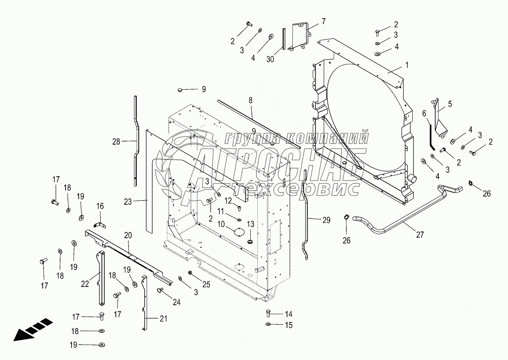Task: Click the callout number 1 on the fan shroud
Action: (407, 65)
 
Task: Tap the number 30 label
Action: (270, 59)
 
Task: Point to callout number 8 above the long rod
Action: (250, 100)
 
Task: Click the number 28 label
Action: (116, 142)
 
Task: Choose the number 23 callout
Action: (128, 202)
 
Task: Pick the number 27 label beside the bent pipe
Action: (420, 235)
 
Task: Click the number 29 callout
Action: (326, 220)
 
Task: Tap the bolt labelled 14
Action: (268, 314)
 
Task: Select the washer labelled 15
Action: (268, 324)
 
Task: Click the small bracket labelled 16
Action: (99, 225)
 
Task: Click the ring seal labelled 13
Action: (250, 241)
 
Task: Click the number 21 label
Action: (164, 319)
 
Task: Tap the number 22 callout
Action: (85, 284)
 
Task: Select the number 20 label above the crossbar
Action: (128, 235)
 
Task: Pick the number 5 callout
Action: (450, 104)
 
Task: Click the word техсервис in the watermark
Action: (297, 188)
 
